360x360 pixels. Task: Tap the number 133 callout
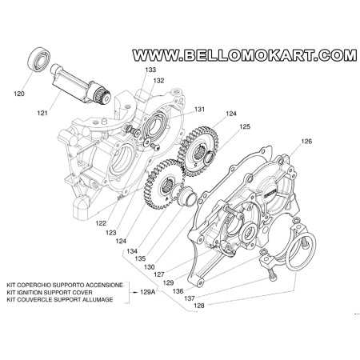(x=151, y=71)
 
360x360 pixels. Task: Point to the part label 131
(x=199, y=110)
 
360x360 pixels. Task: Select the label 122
(x=102, y=223)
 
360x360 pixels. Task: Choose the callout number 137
(x=190, y=298)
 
